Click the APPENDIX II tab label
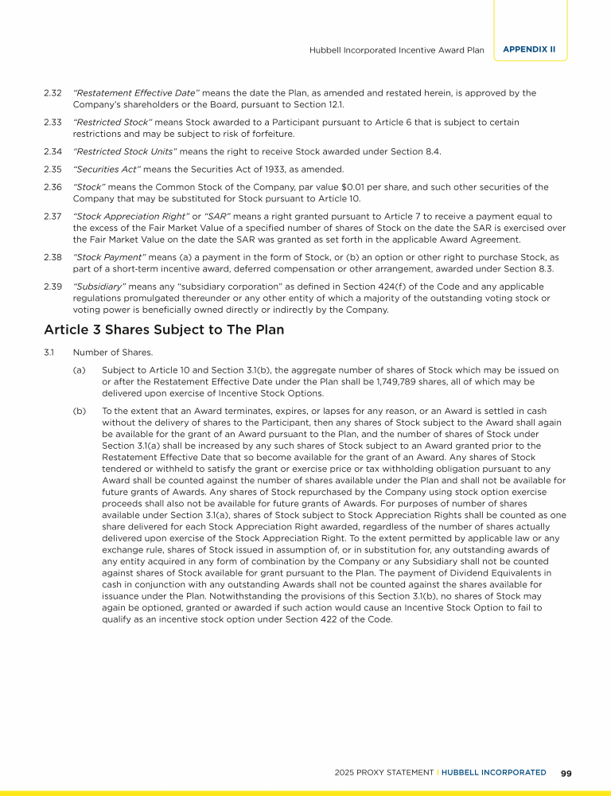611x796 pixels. point(529,49)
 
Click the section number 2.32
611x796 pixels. point(53,93)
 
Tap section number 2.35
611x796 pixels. point(53,169)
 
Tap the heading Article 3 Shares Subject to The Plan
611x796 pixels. point(164,330)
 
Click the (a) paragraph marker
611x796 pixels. point(79,370)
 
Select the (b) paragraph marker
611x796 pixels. point(79,412)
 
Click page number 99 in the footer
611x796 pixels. point(567,772)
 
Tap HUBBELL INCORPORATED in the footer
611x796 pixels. point(494,772)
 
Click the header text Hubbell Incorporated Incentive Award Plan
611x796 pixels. point(396,50)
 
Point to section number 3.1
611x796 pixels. point(49,352)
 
